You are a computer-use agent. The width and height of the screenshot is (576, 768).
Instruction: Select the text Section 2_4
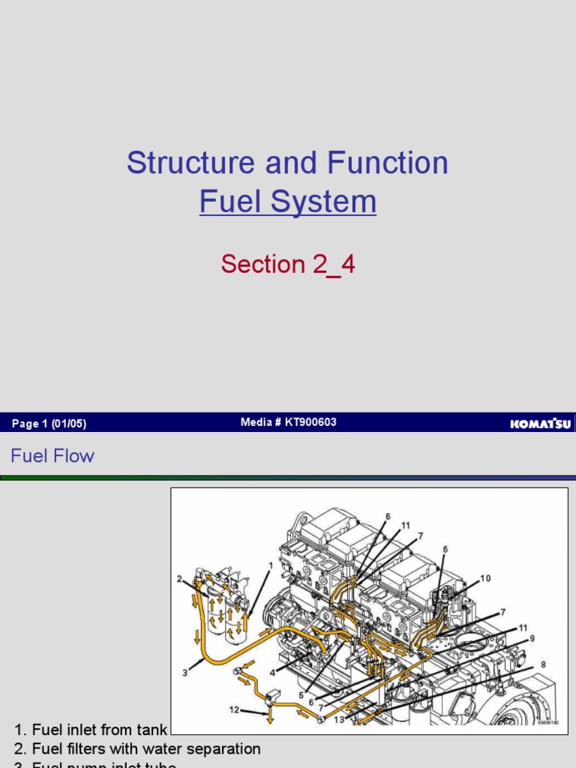(288, 264)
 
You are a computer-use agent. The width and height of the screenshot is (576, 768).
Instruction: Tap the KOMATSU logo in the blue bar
(540, 424)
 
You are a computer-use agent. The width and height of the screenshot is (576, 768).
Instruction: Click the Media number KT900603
(289, 422)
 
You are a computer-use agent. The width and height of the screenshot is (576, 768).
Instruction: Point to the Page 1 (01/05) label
(49, 424)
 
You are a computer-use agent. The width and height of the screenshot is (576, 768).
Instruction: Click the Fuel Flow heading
(52, 455)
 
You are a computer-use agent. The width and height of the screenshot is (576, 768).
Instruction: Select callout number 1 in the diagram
(270, 565)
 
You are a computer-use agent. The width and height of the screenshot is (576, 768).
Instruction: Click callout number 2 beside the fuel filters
(180, 578)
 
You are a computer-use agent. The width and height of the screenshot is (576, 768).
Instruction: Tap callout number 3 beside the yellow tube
(185, 673)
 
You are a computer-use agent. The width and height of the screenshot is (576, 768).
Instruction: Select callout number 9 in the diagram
(532, 638)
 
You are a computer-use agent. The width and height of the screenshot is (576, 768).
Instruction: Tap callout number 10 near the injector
(486, 578)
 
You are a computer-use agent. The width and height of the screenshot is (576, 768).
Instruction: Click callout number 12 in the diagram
(235, 708)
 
